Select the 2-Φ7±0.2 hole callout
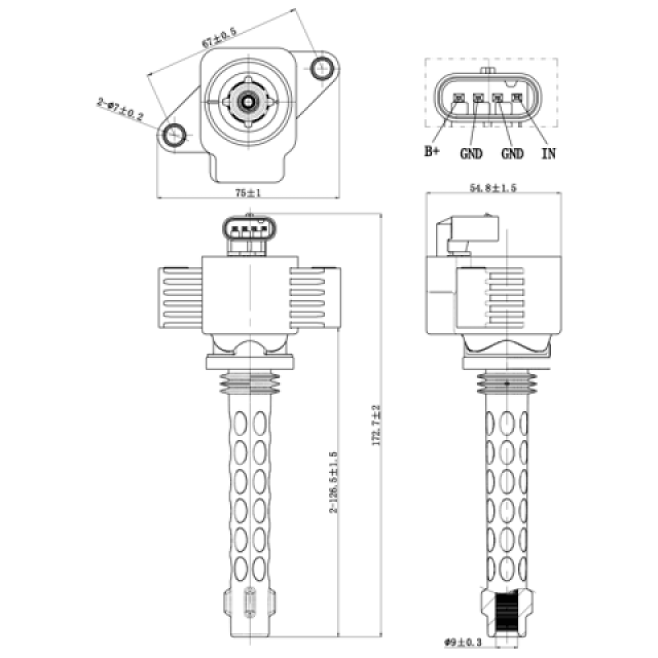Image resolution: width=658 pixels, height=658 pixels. click(x=120, y=110)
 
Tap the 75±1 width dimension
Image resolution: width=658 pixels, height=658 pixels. click(x=248, y=192)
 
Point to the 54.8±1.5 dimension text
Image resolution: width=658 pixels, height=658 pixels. click(x=492, y=188)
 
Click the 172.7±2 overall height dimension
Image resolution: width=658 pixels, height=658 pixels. click(x=378, y=427)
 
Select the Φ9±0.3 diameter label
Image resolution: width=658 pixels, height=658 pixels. click(x=460, y=642)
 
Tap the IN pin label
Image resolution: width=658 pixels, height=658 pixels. click(x=548, y=153)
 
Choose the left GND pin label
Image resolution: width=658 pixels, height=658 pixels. click(x=471, y=153)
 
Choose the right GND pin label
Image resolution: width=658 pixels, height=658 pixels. click(x=512, y=153)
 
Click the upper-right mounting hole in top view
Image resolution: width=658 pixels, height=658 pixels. click(x=322, y=67)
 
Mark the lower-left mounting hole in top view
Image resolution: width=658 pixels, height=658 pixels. click(x=174, y=136)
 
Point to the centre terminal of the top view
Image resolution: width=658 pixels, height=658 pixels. click(x=248, y=101)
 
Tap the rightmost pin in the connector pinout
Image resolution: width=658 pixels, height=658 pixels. click(x=517, y=98)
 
